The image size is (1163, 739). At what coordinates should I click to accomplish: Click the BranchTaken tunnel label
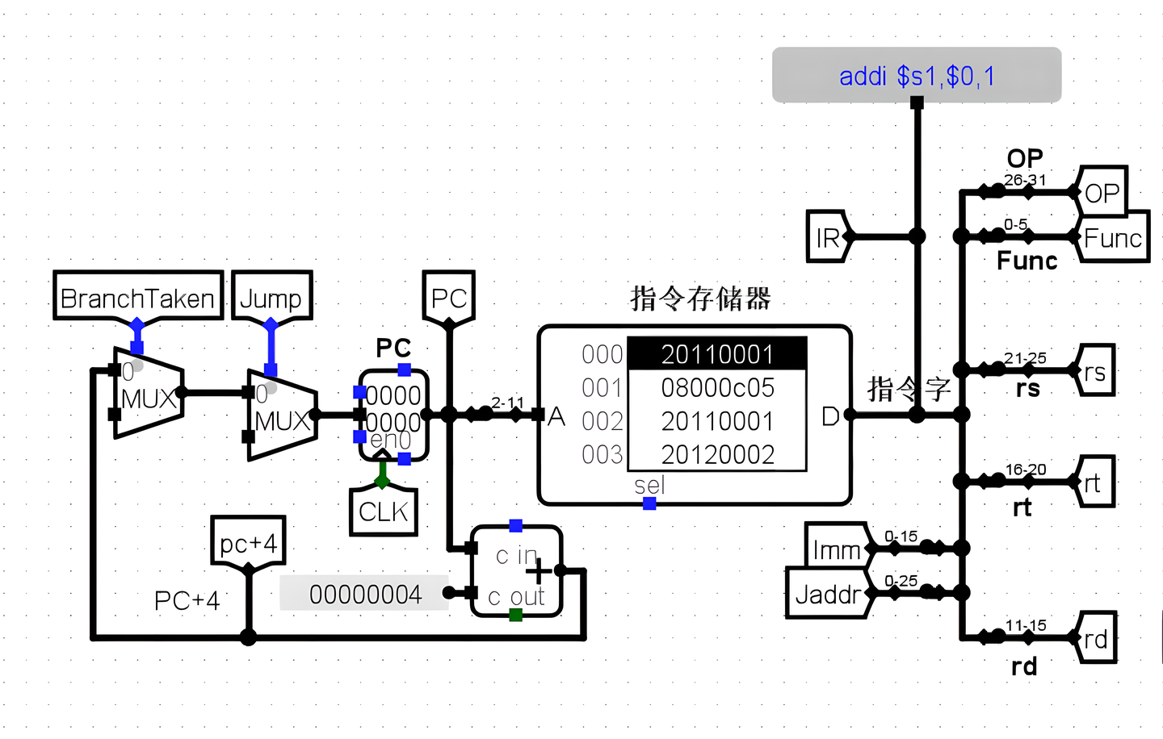pos(137,298)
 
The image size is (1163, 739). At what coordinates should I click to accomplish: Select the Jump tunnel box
pos(271,298)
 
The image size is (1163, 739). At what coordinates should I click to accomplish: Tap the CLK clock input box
pos(383,511)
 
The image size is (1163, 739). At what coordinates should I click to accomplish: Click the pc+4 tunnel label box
pos(248,543)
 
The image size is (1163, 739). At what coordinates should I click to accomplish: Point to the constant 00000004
pos(365,595)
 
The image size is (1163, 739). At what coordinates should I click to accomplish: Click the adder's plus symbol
pos(539,571)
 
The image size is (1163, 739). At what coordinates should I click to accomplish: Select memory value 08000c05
pos(717,388)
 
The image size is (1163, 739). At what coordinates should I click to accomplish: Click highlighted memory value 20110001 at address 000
pos(717,354)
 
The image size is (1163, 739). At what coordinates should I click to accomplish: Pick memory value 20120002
pos(717,455)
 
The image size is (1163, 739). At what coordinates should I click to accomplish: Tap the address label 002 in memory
pos(602,421)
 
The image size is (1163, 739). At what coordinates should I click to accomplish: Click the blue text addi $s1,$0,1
pos(917,76)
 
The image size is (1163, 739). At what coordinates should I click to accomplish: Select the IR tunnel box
pos(827,237)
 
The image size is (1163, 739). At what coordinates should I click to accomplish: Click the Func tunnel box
pos(1112,238)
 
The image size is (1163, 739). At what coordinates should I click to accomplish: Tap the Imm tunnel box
pos(837,549)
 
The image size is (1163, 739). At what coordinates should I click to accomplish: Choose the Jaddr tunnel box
pos(827,595)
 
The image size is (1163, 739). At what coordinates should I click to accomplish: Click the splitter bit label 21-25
pos(1024,357)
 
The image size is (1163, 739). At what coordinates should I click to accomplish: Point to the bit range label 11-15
pos(1025,625)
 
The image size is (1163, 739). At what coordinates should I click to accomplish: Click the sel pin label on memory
pos(649,485)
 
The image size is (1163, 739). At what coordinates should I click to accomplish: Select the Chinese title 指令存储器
pos(700,299)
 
